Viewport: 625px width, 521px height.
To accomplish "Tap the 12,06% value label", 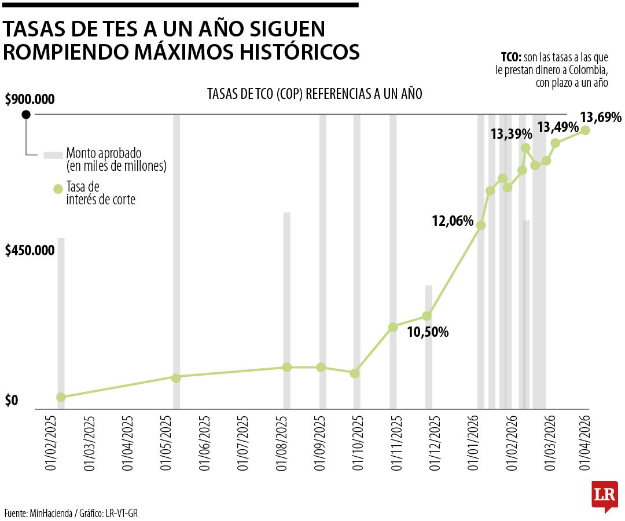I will tap(453, 221).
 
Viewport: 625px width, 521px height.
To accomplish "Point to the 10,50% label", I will tap(428, 332).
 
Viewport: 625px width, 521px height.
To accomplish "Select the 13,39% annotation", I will tap(511, 134).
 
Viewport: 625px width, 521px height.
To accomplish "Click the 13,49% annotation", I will tap(558, 127).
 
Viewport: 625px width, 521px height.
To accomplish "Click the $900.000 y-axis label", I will tap(30, 100).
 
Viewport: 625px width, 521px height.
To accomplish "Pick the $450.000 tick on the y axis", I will tap(30, 251).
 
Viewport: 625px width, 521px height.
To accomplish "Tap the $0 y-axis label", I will tap(11, 401).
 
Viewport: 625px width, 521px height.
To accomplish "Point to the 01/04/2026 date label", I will tap(585, 442).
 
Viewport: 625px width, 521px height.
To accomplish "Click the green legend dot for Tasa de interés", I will tap(57, 189).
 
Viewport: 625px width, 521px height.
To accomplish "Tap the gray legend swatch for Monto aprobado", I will tap(53, 155).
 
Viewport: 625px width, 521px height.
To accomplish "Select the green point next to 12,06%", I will tap(480, 225).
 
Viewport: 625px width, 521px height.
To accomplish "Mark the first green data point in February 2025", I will tap(61, 397).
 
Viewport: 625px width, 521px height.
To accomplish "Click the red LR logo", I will tap(604, 496).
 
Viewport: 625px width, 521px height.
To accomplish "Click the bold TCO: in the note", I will tap(512, 57).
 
